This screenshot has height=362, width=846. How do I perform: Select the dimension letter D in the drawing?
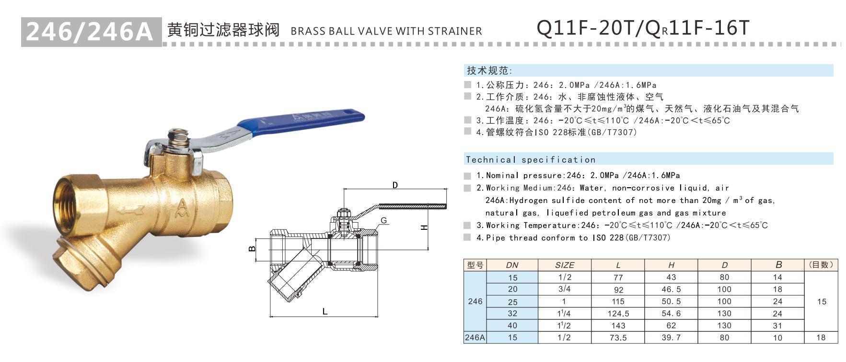pos(395,185)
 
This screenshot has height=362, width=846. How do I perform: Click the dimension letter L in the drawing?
pos(324,311)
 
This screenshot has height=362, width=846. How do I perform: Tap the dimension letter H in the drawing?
pos(424,227)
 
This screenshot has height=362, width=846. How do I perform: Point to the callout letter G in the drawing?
pos(384,221)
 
